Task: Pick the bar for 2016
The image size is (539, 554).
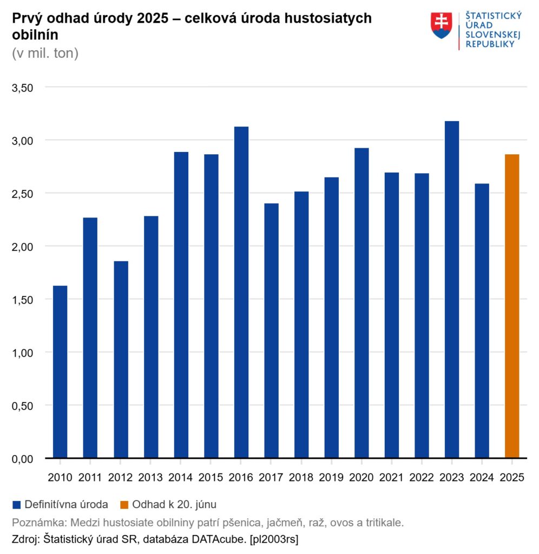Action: point(241,292)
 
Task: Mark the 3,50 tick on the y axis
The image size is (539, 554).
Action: point(23,88)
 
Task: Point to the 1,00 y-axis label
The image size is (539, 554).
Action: point(23,353)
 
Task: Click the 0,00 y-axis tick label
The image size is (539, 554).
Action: point(23,459)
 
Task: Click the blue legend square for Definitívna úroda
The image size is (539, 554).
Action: point(16,505)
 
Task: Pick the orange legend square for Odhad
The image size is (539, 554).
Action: point(124,505)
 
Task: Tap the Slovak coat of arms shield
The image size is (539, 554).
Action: point(442,25)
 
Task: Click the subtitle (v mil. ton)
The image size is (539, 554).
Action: point(45,54)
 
